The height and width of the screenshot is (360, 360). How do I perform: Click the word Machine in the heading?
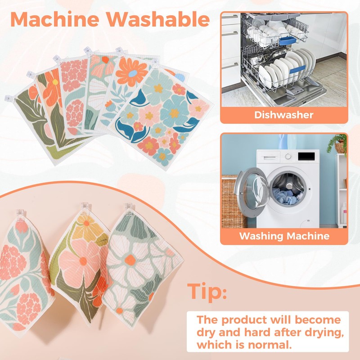tap(55, 19)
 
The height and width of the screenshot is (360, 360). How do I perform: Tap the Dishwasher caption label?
tap(284, 115)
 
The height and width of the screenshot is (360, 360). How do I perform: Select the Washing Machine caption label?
tap(284, 236)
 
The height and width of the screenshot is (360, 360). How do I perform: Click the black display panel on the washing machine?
tap(306, 156)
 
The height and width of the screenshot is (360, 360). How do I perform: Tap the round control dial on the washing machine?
tap(288, 156)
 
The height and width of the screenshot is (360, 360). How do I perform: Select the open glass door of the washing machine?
tap(252, 192)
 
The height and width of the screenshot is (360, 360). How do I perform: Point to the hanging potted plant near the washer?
tap(338, 144)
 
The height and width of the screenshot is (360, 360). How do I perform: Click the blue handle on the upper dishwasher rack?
tap(288, 41)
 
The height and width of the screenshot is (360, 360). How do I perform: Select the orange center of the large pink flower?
tap(83, 261)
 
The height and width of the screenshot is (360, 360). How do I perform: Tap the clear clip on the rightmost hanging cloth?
tap(129, 208)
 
